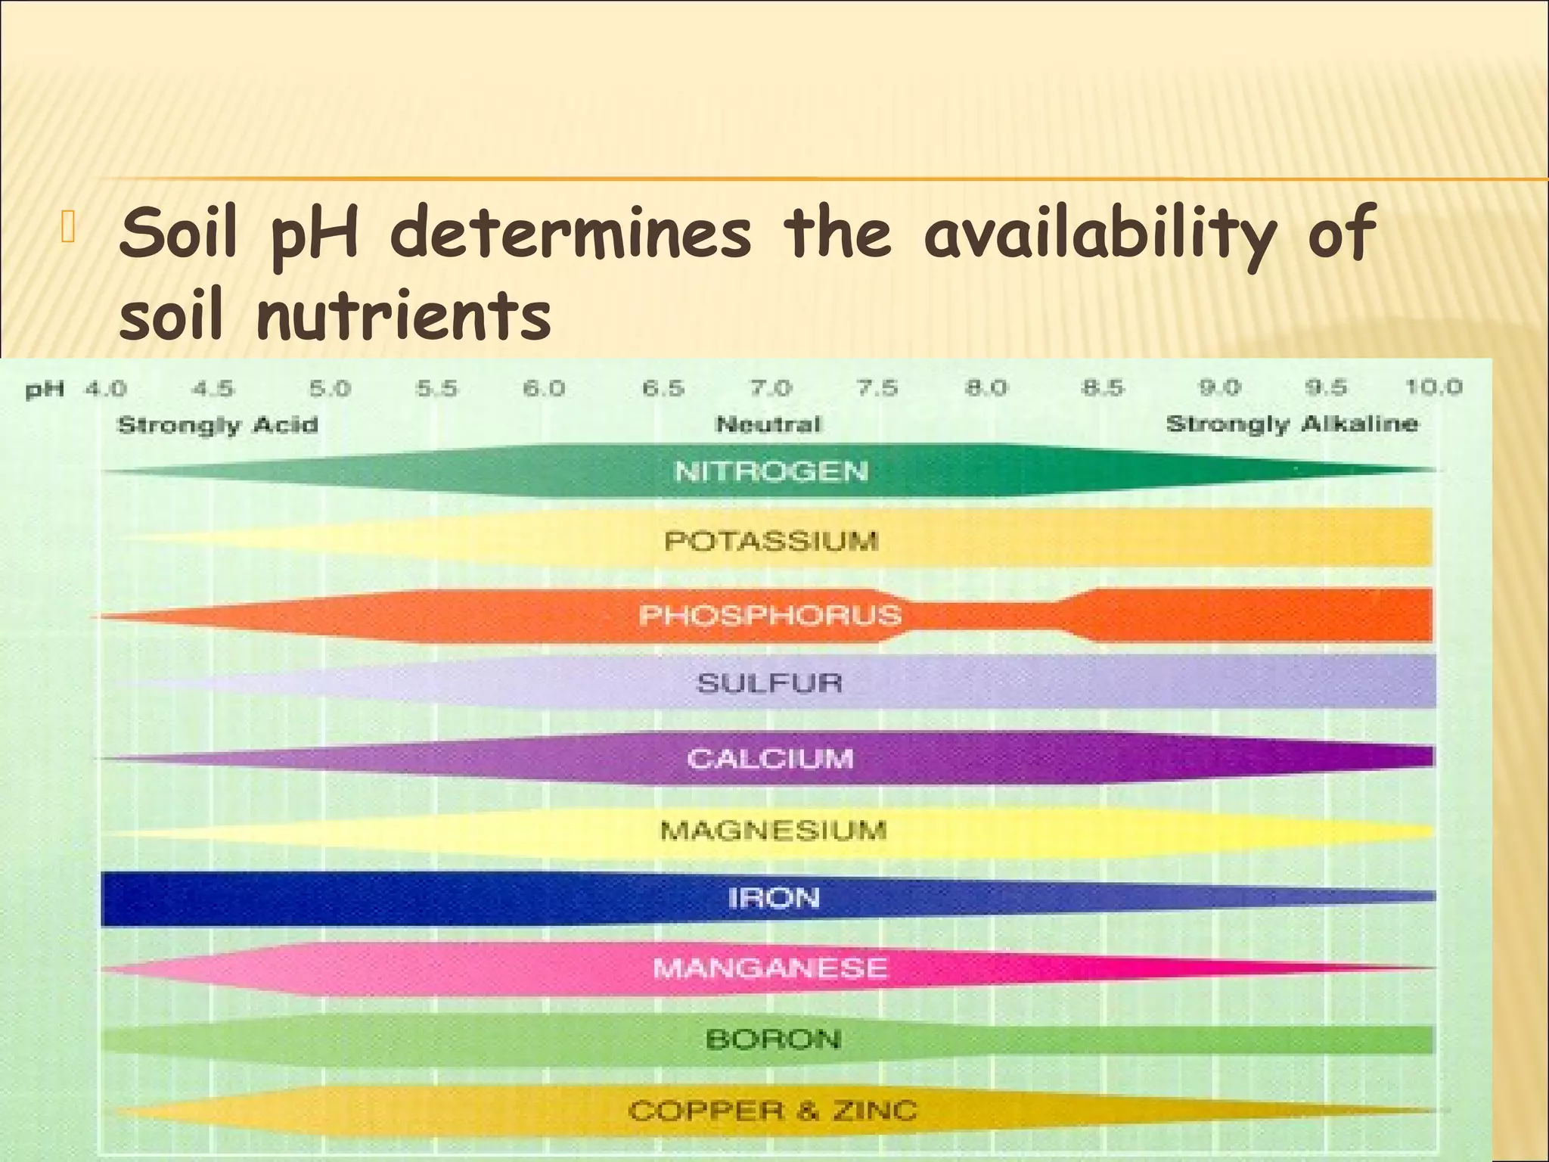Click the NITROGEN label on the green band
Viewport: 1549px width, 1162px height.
(x=771, y=471)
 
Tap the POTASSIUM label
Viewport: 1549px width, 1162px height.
(x=771, y=541)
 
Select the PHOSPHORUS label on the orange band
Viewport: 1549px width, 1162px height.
(x=770, y=615)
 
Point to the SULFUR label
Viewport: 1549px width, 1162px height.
(x=769, y=683)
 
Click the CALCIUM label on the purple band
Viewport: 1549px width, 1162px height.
(x=770, y=758)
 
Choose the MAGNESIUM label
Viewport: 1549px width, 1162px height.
(x=773, y=831)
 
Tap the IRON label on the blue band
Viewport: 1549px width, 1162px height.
(x=774, y=898)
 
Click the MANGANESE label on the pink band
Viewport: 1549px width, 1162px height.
(x=770, y=968)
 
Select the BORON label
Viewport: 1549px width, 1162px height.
(x=773, y=1039)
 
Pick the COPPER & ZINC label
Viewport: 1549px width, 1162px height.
(x=772, y=1111)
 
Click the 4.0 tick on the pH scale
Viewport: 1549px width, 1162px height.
(x=105, y=390)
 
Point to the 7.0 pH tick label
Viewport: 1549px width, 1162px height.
(x=770, y=389)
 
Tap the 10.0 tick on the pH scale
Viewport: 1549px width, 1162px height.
(x=1433, y=388)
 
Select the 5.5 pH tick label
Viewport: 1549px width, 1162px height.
(x=436, y=389)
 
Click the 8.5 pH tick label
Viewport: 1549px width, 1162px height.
(x=1101, y=389)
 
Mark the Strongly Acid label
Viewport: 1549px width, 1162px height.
(x=218, y=424)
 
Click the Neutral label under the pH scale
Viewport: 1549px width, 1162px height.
(x=768, y=424)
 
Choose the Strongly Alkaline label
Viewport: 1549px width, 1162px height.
(x=1292, y=424)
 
